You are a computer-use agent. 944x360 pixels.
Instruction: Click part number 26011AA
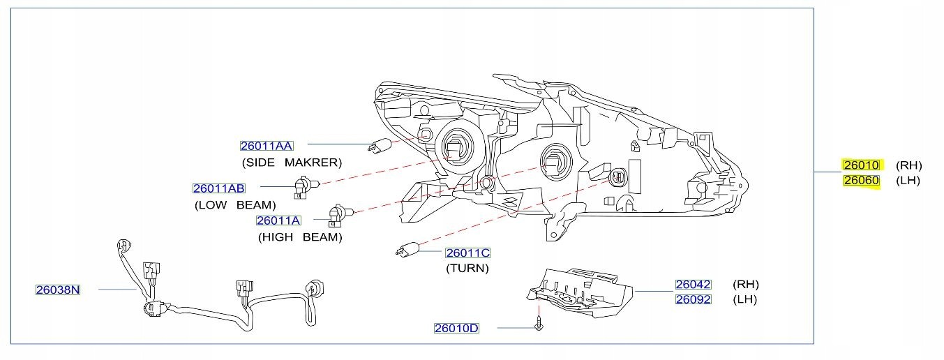(267, 146)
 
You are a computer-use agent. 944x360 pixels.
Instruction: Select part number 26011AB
(219, 188)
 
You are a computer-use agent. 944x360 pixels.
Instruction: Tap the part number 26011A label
(278, 220)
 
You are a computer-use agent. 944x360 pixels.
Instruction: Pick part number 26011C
(468, 253)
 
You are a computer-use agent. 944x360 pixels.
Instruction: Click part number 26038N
(58, 290)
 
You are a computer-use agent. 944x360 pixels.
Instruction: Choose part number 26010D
(456, 328)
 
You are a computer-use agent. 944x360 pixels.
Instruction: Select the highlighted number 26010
(862, 165)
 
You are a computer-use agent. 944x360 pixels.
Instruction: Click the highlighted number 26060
(862, 181)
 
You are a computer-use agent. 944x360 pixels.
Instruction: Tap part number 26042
(693, 285)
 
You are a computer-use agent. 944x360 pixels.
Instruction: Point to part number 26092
(693, 300)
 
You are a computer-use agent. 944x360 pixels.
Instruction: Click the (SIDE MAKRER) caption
(292, 163)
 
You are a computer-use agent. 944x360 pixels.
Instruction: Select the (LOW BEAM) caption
(235, 205)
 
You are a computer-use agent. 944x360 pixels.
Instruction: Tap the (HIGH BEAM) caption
(300, 237)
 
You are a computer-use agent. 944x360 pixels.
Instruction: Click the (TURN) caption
(467, 268)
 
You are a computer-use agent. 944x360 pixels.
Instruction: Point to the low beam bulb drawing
(305, 186)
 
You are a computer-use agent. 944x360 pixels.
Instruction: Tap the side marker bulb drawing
(380, 147)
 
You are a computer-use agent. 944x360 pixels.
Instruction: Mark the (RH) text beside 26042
(746, 285)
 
